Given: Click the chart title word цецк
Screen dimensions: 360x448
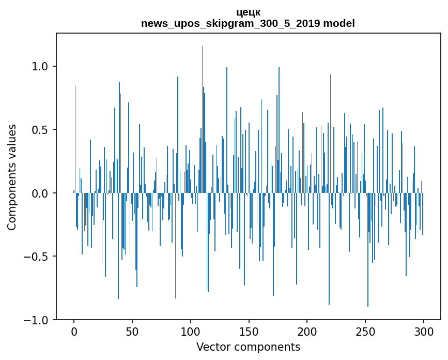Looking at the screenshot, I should coord(248,12).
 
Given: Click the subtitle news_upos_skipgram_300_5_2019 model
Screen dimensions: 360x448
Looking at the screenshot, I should coord(248,23).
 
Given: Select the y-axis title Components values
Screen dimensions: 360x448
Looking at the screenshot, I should coord(12,177).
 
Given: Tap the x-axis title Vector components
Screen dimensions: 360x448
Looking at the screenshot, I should coord(248,347).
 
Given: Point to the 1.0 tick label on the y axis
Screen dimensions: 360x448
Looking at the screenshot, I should coord(40,66).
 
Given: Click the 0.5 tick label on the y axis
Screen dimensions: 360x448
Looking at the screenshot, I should coord(40,130).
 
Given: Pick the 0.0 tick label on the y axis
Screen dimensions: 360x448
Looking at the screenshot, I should coord(40,193).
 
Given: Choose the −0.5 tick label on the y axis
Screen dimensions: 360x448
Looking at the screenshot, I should coord(37,257).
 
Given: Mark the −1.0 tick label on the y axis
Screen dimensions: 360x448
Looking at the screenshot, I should coord(37,321).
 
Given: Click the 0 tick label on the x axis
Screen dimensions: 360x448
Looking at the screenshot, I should coord(74,332).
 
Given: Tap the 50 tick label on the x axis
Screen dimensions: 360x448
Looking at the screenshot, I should coord(132,332).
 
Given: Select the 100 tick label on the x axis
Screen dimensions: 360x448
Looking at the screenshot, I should coord(191,332).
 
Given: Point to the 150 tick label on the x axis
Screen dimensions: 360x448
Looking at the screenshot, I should coord(249,332).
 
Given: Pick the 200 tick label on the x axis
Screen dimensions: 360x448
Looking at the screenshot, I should coord(307,332).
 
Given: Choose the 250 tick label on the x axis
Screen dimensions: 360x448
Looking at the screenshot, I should coord(365,332).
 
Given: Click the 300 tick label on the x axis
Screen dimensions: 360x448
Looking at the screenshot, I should coord(424,332).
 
